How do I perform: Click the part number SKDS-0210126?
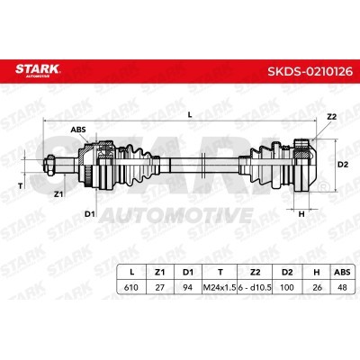(310, 71)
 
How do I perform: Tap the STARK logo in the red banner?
(38, 70)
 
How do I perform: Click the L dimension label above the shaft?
(190, 114)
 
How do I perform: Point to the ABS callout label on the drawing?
(78, 130)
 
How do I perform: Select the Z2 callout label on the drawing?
(332, 117)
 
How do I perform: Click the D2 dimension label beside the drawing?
(343, 165)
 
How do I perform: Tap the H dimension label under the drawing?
(301, 214)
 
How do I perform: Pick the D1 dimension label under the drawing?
(89, 214)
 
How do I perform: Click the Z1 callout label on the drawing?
(58, 194)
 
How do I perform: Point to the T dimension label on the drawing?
(21, 186)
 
